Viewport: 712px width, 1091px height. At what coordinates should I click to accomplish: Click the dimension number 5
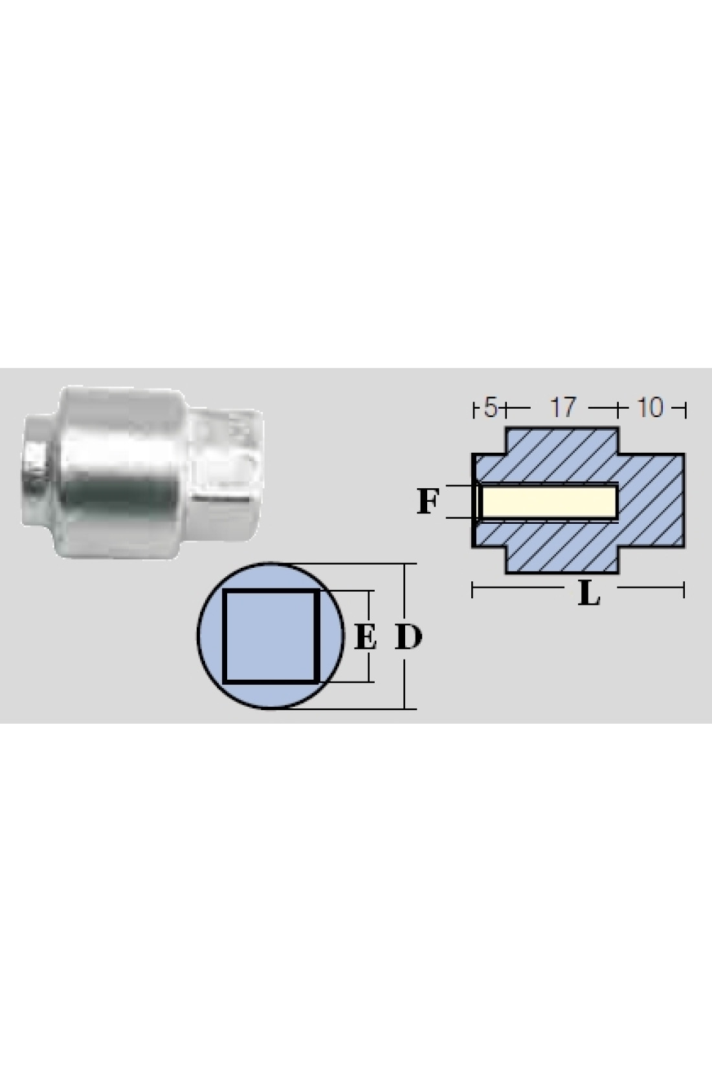click(490, 407)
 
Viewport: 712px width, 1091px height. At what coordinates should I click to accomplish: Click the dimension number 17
click(563, 407)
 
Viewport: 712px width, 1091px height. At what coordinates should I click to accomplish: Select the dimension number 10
click(650, 407)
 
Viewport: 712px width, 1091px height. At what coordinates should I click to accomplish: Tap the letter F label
click(428, 501)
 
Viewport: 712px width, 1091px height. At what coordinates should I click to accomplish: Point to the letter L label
click(589, 594)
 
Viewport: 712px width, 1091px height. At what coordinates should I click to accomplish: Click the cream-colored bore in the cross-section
click(549, 502)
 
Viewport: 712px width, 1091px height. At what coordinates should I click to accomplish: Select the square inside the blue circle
click(269, 636)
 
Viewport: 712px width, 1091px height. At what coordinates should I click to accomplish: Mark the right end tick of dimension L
click(684, 590)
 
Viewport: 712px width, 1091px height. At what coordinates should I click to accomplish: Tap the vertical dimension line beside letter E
click(369, 636)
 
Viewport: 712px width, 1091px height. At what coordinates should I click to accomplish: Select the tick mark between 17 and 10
click(617, 410)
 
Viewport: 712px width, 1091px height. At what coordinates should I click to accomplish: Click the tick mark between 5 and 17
click(506, 410)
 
